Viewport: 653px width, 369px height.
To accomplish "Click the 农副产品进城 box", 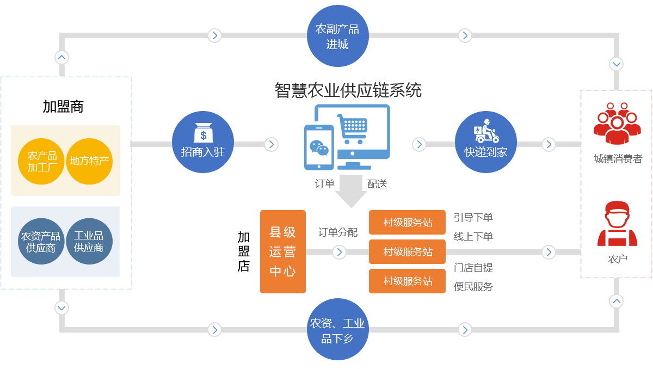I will tap(337, 36).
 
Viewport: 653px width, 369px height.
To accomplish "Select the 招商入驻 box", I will tap(202, 142).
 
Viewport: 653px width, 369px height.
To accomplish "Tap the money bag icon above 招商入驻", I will tap(203, 132).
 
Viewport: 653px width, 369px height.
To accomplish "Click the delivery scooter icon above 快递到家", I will tap(485, 131).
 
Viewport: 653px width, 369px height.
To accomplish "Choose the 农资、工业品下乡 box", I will tap(337, 329).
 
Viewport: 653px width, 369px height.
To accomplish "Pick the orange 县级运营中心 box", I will tap(282, 251).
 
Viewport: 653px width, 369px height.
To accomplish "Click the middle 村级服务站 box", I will tap(407, 251).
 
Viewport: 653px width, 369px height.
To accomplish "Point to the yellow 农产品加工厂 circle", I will tap(42, 162).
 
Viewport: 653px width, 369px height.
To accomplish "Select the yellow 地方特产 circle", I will tap(89, 161).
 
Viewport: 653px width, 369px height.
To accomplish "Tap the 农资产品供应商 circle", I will tap(41, 241).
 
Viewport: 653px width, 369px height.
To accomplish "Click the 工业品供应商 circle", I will tap(89, 241).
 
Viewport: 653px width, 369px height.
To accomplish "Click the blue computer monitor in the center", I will tap(348, 136).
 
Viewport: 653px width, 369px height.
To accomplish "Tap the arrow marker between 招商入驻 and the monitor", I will tap(271, 144).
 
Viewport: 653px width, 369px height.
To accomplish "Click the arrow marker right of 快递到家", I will tap(549, 144).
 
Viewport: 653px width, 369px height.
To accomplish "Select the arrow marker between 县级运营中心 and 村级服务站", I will tap(339, 252).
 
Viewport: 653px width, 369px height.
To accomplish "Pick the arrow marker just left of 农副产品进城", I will tap(215, 35).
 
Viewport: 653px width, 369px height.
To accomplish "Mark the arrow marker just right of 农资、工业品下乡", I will tap(464, 329).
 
